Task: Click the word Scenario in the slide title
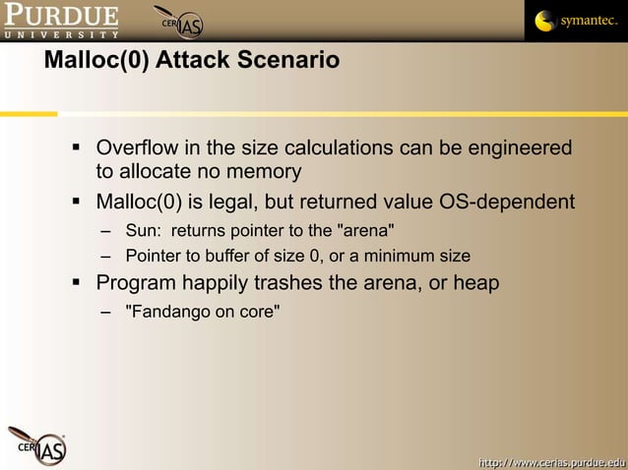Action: (x=289, y=61)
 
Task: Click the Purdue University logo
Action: (x=60, y=20)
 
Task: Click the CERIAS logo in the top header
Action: (x=180, y=22)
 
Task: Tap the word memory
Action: (x=264, y=172)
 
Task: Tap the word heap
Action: (x=476, y=283)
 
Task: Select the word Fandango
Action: (x=164, y=313)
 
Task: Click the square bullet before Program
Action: (x=76, y=283)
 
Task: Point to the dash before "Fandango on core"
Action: (x=105, y=313)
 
